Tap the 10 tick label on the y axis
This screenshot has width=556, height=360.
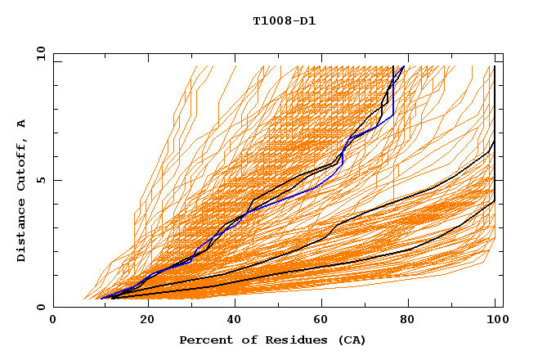[x=38, y=53]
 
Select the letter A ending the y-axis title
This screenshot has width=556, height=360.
[x=21, y=124]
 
